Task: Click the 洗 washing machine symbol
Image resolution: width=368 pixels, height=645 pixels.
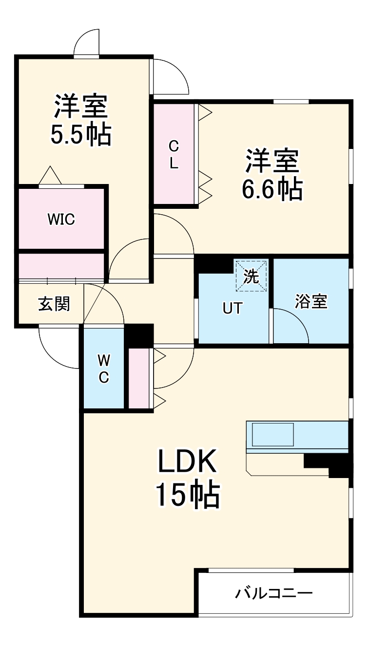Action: pos(251,276)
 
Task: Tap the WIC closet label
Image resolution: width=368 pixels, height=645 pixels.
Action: pos(61,220)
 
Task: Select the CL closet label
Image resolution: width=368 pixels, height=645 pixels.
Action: pos(174,154)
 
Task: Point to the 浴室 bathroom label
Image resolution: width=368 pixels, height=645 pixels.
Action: pos(310,301)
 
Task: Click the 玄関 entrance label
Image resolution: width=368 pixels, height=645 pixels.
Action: pos(54,304)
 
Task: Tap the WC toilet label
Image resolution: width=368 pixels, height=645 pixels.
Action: pos(103,369)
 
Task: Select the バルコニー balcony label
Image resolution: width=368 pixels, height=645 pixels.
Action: pos(274,593)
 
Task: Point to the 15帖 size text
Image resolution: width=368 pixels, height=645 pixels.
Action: pos(187,495)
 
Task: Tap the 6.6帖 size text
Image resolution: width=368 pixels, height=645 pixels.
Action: pos(272,189)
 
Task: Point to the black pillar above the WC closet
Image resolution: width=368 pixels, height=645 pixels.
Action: pos(139,335)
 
